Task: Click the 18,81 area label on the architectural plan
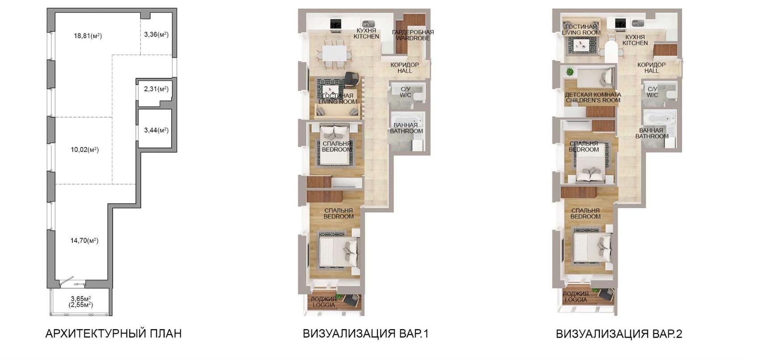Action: click(88, 36)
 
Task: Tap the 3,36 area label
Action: click(156, 34)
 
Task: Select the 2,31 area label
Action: click(156, 89)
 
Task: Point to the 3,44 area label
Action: click(156, 130)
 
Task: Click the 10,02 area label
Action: click(85, 150)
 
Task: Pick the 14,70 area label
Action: click(84, 240)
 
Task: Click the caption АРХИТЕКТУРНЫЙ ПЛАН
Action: click(113, 334)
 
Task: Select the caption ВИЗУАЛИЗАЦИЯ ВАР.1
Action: click(365, 334)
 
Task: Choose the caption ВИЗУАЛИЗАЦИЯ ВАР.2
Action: click(619, 334)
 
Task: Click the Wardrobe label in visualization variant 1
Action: click(413, 35)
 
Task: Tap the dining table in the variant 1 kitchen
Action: click(334, 53)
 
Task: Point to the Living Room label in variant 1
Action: click(338, 99)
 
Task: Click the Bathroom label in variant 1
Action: click(406, 128)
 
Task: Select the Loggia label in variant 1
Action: click(324, 302)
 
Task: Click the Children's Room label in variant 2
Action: click(593, 97)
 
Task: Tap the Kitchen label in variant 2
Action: click(635, 40)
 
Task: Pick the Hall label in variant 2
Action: click(651, 68)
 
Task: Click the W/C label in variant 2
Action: click(652, 92)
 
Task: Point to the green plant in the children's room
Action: click(570, 71)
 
